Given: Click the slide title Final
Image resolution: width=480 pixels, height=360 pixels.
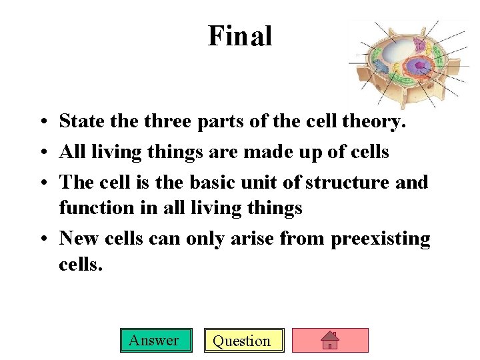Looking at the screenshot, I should (x=240, y=36).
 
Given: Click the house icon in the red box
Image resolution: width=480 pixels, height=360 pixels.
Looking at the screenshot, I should (x=330, y=341).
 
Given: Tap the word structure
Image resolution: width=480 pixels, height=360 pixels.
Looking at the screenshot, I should (x=351, y=182).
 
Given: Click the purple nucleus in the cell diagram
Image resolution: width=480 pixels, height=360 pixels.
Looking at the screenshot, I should (x=420, y=67).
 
